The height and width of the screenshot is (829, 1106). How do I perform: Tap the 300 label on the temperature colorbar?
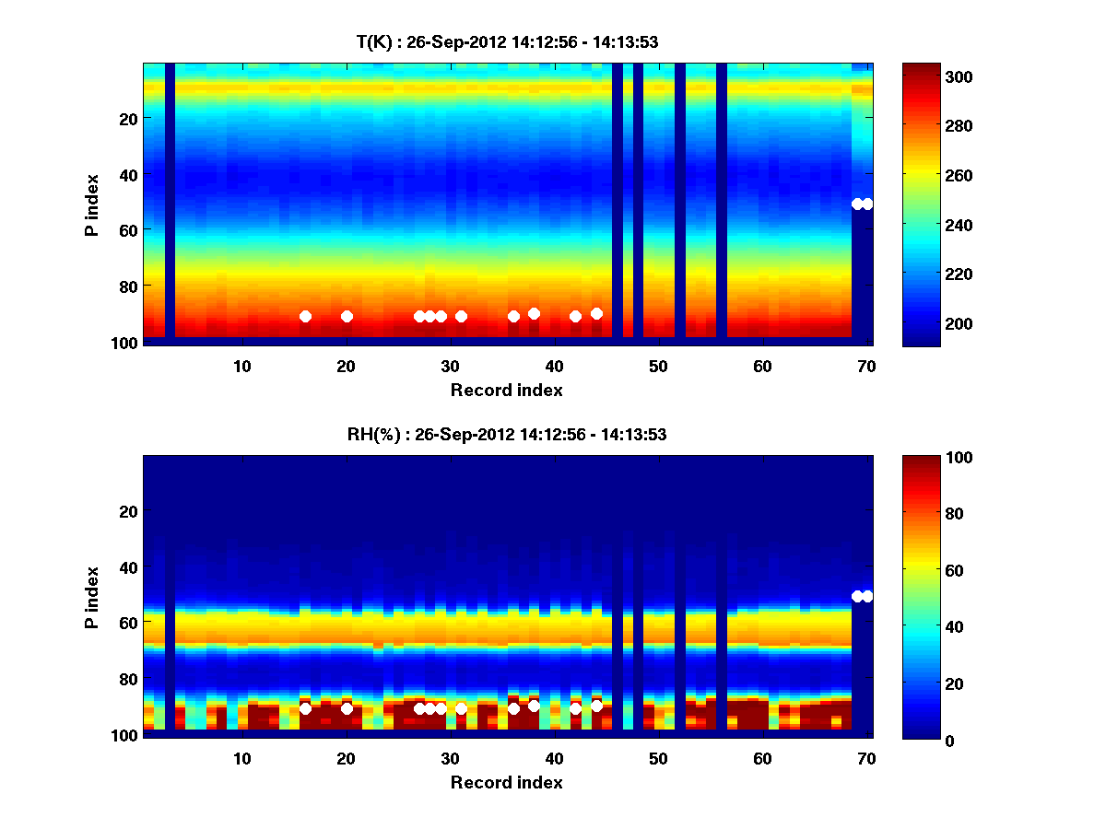pyautogui.click(x=924, y=76)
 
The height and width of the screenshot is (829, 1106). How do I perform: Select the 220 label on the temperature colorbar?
pyautogui.click(x=924, y=274)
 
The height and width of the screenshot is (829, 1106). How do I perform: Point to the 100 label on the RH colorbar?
pyautogui.click(x=924, y=458)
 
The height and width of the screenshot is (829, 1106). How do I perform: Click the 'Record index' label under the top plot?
pyautogui.click(x=506, y=390)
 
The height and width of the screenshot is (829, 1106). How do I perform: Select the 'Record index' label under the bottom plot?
pyautogui.click(x=506, y=782)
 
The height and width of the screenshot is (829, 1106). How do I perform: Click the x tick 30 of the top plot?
pyautogui.click(x=450, y=366)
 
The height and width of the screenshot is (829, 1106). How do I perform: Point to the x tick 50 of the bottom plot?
pyautogui.click(x=658, y=758)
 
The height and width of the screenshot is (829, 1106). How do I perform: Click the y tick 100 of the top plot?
pyautogui.click(x=125, y=343)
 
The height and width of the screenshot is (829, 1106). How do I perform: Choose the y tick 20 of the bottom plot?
pyautogui.click(x=128, y=511)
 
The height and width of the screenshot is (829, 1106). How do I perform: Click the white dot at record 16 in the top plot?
pyautogui.click(x=305, y=317)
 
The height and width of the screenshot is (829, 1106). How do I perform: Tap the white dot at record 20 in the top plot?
pyautogui.click(x=347, y=316)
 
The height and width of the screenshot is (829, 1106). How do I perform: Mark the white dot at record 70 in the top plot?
pyautogui.click(x=866, y=204)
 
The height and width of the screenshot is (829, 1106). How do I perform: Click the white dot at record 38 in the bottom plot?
pyautogui.click(x=534, y=706)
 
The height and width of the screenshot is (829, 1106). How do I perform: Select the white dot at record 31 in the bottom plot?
pyautogui.click(x=461, y=708)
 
